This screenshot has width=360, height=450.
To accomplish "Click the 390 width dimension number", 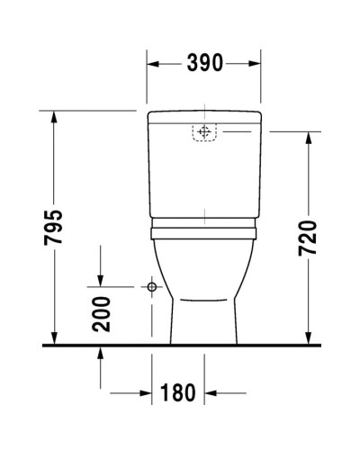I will pos(204,64).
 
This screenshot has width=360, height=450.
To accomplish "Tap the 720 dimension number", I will pos(308,238).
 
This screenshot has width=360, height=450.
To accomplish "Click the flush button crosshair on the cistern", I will pos(205,132).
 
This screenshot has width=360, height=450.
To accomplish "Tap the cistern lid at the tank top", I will pos(204,116).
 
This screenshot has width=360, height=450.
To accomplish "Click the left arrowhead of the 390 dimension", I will pos(153,64).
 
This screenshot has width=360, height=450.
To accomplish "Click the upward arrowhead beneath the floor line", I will pos(101,353).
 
